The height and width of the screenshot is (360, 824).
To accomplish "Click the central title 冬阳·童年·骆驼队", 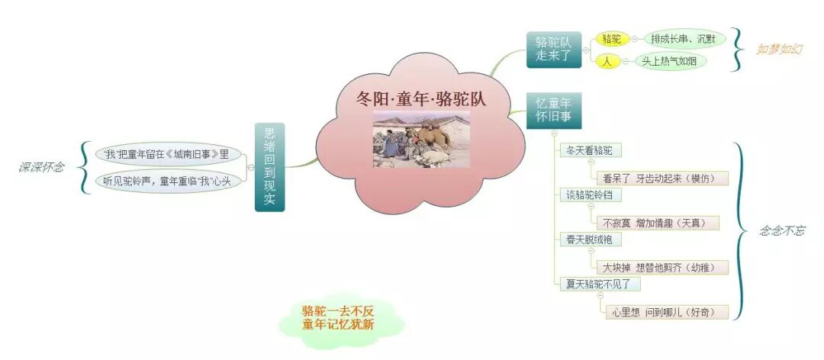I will tap(421, 98).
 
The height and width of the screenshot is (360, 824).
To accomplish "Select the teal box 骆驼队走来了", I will tap(553, 49).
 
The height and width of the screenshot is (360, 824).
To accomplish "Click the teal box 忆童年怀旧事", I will tap(553, 111).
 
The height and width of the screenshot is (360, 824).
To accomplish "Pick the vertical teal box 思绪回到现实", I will tap(269, 166).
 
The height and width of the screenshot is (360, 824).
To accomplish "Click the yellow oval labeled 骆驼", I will tap(611, 38).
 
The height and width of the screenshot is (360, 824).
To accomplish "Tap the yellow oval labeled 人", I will tap(607, 61).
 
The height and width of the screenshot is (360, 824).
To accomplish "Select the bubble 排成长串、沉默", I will tap(682, 39).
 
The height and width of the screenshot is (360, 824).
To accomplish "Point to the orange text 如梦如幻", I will tap(778, 49).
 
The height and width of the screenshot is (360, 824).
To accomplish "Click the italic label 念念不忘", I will tap(781, 230).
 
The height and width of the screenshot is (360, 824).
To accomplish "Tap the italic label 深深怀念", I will tap(41, 167).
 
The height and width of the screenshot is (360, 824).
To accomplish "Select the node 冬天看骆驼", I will tap(590, 150).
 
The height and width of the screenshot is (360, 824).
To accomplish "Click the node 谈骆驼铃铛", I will tap(590, 194).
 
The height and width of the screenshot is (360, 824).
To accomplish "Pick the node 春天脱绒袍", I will tap(590, 239).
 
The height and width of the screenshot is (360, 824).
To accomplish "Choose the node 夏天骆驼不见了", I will tap(599, 284).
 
